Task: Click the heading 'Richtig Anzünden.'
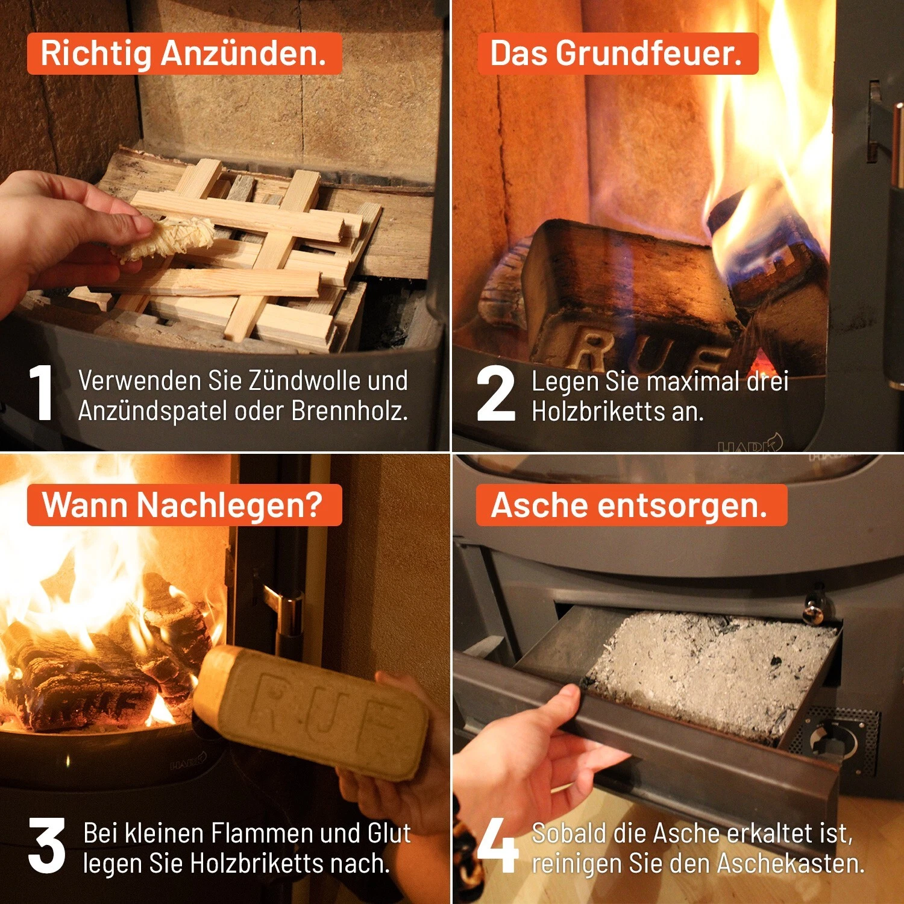point(184,54)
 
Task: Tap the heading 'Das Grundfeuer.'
point(616,54)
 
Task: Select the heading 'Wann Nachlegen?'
point(183,505)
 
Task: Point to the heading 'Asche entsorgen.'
point(629,505)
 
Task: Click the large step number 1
point(41,393)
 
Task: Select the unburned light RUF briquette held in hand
point(311,711)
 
